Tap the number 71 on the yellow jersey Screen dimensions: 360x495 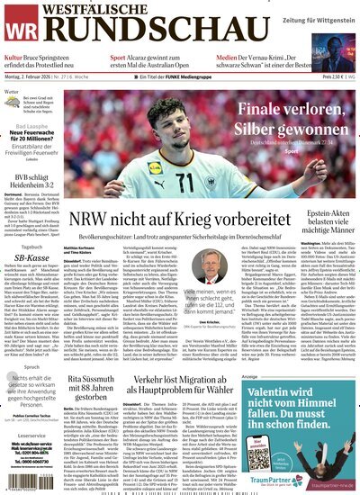(187, 182)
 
